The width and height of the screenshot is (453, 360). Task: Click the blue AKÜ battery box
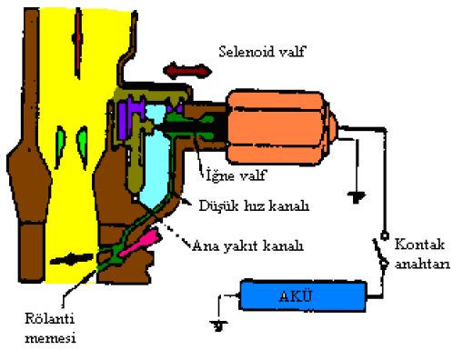(303, 296)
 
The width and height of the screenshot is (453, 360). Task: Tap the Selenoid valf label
(262, 51)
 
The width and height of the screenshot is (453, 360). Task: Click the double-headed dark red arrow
(187, 71)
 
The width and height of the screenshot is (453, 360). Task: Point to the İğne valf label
(237, 175)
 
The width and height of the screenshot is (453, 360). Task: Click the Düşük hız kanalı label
(254, 205)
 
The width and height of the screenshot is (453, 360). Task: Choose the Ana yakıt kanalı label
(247, 245)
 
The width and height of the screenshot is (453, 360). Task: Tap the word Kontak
(419, 245)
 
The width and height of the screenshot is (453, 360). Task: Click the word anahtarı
(422, 264)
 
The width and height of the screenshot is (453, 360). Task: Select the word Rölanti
(49, 318)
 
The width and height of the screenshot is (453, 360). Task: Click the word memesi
(50, 338)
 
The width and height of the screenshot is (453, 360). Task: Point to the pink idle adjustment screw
(139, 243)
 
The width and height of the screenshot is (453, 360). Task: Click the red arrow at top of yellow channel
(78, 43)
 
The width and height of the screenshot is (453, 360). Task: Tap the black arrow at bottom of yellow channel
(72, 259)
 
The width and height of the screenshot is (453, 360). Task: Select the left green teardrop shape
(60, 147)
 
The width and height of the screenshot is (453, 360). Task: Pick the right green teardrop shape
(82, 147)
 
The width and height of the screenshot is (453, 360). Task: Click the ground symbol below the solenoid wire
(357, 197)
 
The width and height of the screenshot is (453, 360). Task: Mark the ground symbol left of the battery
(219, 325)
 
